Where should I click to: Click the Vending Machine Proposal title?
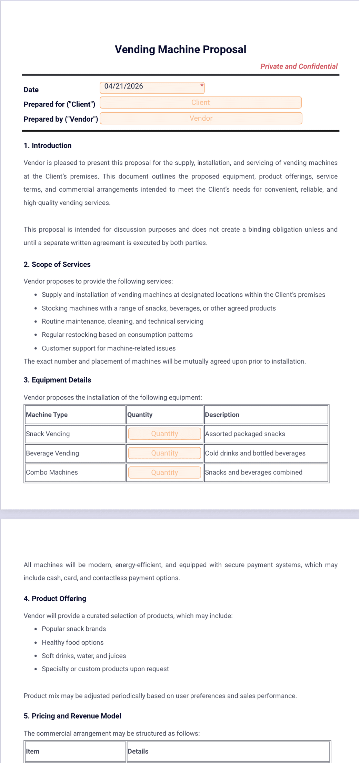[180, 49]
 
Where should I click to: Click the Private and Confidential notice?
[299, 66]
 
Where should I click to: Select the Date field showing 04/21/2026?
[152, 88]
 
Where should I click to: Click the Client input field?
[200, 103]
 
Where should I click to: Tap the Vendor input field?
[201, 119]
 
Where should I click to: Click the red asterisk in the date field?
[202, 85]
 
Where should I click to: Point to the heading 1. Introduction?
[48, 145]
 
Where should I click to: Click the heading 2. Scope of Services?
[57, 264]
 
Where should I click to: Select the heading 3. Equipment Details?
[57, 380]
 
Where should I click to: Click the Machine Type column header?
[47, 415]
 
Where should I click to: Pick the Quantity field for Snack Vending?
[164, 434]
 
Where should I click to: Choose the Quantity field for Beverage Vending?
[164, 453]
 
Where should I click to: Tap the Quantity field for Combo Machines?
[164, 472]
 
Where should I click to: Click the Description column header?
[222, 415]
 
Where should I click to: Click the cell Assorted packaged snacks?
[245, 434]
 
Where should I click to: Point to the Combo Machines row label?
[52, 472]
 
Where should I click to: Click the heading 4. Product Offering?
[55, 599]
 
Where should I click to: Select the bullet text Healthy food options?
[73, 642]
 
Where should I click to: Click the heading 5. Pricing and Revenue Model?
[72, 716]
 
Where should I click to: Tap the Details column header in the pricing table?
[138, 751]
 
